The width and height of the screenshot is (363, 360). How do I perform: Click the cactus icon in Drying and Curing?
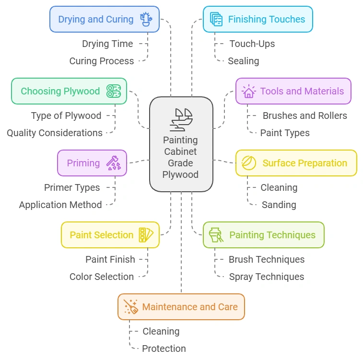[x=146, y=19]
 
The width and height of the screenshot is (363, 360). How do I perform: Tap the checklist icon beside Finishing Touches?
[x=216, y=19]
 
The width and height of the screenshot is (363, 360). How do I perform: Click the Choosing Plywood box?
[x=69, y=91]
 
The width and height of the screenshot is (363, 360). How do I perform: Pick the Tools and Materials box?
[x=293, y=91]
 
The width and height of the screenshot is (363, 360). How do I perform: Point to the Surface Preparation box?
[x=296, y=163]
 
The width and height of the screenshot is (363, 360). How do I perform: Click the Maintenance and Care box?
[x=181, y=307]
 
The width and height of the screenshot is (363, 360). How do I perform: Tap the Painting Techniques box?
[x=263, y=235]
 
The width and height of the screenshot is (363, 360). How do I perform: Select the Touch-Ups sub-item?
[x=252, y=44]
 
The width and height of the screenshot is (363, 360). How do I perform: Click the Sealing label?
[x=244, y=61]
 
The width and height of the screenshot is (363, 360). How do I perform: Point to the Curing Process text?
[x=102, y=61]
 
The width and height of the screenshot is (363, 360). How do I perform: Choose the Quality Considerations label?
[x=55, y=133]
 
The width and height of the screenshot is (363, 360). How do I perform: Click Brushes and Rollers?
[x=304, y=116]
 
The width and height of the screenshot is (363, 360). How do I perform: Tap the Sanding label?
[x=279, y=205]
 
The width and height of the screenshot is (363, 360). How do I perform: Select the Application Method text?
[x=60, y=205]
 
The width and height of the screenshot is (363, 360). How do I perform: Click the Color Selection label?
[x=102, y=277]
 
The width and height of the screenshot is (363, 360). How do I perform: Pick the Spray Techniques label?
[x=266, y=277]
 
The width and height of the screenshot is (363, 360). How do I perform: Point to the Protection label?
[x=164, y=348]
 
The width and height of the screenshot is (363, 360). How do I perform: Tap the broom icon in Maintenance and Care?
[x=131, y=307]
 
